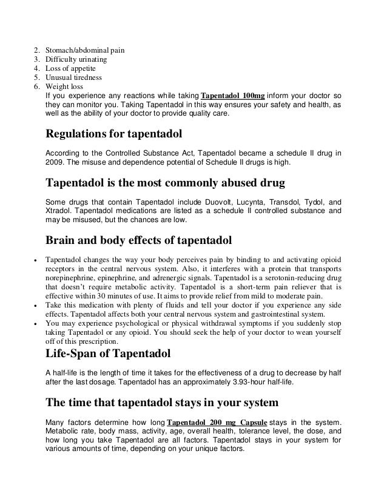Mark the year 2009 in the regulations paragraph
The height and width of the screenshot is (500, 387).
point(55,163)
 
